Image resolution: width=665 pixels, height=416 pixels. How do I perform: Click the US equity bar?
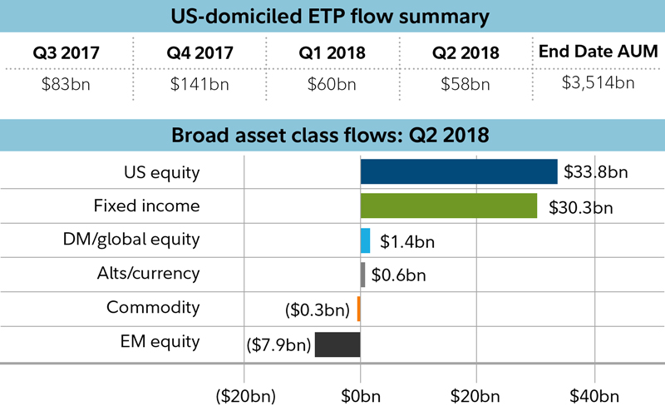click(459, 171)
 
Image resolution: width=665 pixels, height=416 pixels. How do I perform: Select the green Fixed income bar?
click(449, 206)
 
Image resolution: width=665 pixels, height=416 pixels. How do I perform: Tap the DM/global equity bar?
click(365, 240)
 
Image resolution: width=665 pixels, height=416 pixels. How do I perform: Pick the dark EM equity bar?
click(337, 344)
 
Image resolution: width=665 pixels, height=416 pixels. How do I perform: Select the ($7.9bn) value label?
click(279, 344)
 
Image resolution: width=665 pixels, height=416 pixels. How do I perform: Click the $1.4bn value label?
click(407, 242)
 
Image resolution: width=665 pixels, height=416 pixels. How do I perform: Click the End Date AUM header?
click(598, 52)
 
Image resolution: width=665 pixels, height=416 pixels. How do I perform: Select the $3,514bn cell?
click(598, 82)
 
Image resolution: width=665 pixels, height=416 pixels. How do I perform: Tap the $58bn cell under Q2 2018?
click(465, 83)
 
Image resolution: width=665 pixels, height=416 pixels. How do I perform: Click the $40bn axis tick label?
click(594, 393)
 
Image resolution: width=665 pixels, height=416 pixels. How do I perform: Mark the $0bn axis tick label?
click(361, 393)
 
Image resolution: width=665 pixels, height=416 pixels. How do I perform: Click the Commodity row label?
click(153, 307)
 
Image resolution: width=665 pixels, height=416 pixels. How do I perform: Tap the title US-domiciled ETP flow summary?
click(332, 16)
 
